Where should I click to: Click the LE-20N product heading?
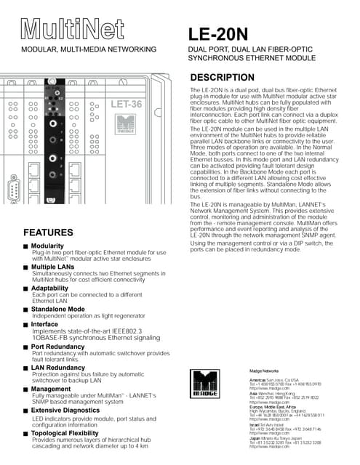coord(219,33)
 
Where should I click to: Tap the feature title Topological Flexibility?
coord(73,432)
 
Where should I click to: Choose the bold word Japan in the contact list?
coord(255,438)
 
